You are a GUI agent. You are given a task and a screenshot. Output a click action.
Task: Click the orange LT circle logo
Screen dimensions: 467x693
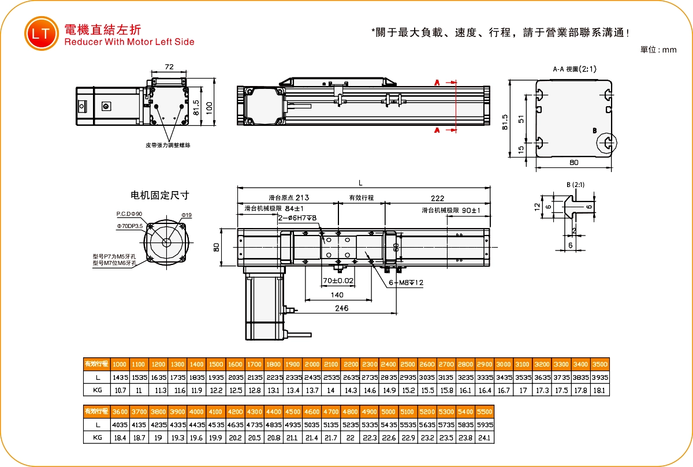click(41, 33)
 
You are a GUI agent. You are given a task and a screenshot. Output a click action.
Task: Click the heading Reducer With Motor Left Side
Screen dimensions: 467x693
click(129, 42)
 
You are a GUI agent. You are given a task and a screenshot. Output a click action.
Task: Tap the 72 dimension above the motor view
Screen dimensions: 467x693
click(169, 67)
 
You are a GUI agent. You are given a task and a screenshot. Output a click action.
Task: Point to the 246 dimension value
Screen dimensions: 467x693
click(342, 308)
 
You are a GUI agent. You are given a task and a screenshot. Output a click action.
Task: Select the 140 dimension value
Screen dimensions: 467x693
click(337, 294)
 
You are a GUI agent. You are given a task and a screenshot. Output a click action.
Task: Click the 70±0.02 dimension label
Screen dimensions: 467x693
click(338, 281)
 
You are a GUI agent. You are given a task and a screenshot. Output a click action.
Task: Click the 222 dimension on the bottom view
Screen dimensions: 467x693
click(437, 198)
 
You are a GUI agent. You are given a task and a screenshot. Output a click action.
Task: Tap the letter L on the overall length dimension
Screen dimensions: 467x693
click(360, 183)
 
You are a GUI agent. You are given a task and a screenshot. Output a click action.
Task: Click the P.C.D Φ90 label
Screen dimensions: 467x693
click(129, 214)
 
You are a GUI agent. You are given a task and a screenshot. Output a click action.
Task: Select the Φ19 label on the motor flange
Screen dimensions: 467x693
click(186, 215)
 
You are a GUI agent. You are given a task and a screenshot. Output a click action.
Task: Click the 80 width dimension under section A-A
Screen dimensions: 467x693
click(573, 163)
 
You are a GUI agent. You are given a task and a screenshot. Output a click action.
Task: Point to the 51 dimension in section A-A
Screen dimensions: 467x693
click(521, 118)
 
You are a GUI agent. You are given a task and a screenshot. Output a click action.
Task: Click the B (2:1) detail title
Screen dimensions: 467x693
click(576, 185)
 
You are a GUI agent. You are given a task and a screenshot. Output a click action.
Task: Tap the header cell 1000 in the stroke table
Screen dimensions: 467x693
click(120, 364)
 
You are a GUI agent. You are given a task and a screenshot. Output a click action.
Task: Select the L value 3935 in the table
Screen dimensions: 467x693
click(600, 377)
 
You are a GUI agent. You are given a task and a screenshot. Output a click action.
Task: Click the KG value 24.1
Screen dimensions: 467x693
click(484, 438)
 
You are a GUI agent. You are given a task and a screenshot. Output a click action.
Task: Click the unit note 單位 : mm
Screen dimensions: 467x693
click(658, 50)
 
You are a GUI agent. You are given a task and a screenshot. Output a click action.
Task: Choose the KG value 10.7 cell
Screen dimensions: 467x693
click(120, 390)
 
